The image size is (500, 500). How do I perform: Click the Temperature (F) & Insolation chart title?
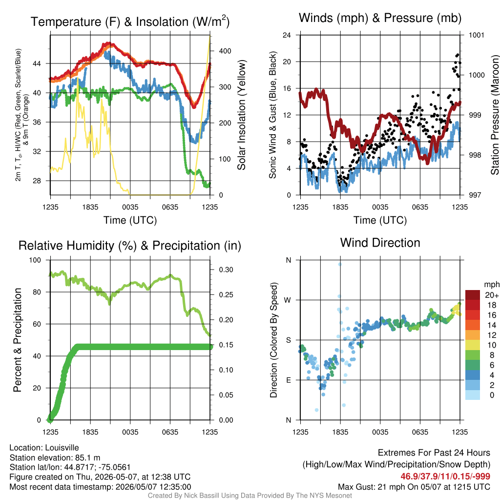[x=130, y=21]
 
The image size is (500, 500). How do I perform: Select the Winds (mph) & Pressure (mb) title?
[x=380, y=18]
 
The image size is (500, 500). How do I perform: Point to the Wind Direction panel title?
[x=380, y=243]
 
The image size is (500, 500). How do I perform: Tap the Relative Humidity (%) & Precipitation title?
[x=130, y=246]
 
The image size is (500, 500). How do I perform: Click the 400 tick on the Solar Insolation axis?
[x=225, y=51]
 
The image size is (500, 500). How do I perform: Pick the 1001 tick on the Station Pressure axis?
[x=477, y=35]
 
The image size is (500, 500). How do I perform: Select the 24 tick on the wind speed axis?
[x=287, y=35]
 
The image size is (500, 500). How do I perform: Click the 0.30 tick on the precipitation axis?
[x=226, y=270]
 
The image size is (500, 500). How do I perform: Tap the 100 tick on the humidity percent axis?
[x=35, y=260]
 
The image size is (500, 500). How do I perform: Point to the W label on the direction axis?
[x=288, y=300]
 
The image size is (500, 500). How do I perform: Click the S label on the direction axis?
[x=288, y=340]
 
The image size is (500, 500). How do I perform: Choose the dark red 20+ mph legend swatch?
[x=473, y=295]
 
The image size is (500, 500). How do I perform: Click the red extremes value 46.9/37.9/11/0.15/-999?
[x=445, y=477]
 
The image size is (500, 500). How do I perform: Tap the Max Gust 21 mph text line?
[x=414, y=487]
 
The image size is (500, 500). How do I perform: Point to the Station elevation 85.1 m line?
[x=55, y=458]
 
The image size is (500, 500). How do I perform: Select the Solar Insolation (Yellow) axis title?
[x=241, y=115]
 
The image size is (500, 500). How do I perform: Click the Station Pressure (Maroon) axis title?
[x=495, y=115]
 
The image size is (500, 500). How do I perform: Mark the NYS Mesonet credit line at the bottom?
[x=250, y=496]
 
